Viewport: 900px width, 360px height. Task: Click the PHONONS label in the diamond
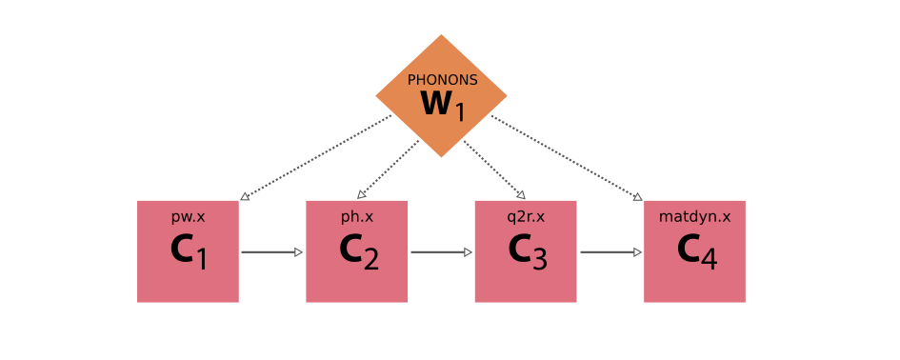click(x=442, y=80)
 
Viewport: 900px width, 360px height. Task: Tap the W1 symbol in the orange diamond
click(x=442, y=105)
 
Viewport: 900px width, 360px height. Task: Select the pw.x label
click(x=188, y=217)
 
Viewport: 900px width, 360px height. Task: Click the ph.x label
click(x=357, y=217)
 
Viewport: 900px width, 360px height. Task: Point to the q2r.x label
click(x=526, y=217)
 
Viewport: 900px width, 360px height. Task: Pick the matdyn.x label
click(x=694, y=217)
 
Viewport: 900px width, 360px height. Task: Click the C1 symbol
click(x=188, y=251)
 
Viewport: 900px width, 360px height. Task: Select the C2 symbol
click(x=357, y=251)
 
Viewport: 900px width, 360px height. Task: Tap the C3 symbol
click(x=526, y=251)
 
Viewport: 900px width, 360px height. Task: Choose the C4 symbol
click(x=694, y=251)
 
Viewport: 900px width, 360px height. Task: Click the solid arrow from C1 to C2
click(x=271, y=252)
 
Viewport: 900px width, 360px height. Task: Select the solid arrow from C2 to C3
click(x=441, y=252)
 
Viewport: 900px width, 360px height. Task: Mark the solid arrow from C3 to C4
click(x=610, y=252)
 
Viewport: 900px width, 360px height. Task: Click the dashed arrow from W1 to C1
click(x=316, y=157)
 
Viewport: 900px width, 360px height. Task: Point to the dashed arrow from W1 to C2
click(x=389, y=169)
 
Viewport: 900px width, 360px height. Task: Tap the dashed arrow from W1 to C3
click(x=493, y=169)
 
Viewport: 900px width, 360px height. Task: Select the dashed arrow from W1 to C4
click(x=566, y=157)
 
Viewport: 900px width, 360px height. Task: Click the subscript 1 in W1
click(x=459, y=112)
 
